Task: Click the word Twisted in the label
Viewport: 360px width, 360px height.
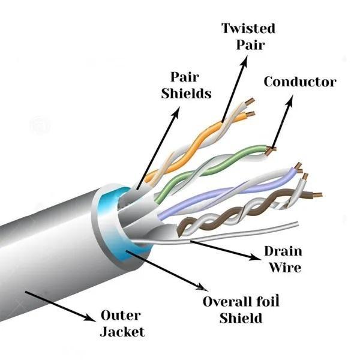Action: tap(248, 28)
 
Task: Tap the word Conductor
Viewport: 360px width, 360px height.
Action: tap(300, 82)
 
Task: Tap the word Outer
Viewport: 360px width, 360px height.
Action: tap(121, 315)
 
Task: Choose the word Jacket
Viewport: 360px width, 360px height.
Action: tap(123, 331)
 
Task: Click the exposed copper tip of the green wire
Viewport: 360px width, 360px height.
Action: tap(272, 148)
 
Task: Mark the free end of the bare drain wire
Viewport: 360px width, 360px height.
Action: tap(295, 224)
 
